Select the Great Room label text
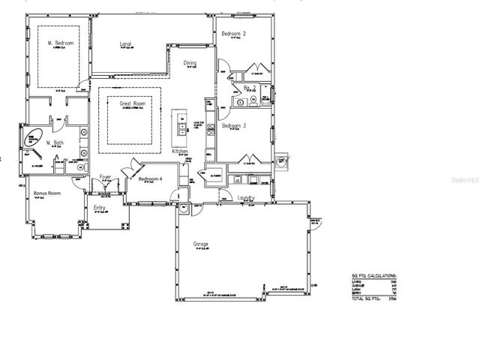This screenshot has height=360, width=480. (133, 104)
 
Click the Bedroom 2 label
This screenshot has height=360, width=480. (234, 34)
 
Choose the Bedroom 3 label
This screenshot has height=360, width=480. (235, 126)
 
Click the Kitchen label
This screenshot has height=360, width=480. (181, 151)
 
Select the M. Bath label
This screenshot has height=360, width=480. (53, 142)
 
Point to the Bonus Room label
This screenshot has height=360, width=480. (46, 193)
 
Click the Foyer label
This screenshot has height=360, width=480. (106, 177)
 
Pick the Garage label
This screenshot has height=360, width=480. (200, 245)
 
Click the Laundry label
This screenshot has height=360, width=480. (246, 198)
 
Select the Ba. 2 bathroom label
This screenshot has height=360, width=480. (250, 88)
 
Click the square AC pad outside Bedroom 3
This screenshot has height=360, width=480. (282, 160)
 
